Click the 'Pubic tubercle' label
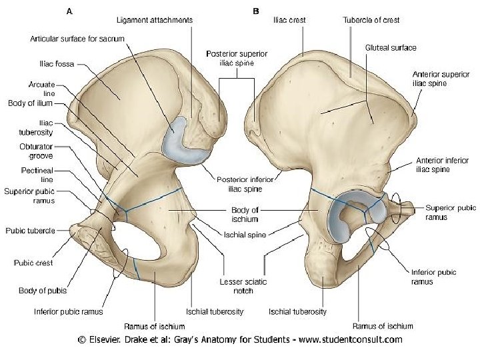pos(30,231)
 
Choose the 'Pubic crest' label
pos(32,263)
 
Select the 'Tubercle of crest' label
pos(371,20)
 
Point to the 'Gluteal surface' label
pos(391,48)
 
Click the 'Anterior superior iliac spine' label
pos(439,79)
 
